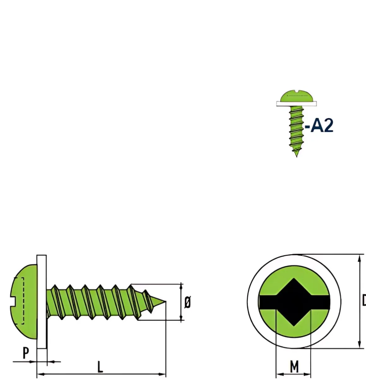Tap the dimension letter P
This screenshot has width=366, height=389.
26,353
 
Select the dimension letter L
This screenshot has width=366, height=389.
100,367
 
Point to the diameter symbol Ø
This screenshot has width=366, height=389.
187,302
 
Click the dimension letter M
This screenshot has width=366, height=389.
294,367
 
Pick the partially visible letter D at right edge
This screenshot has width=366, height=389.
363,301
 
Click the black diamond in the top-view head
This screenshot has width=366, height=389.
294,302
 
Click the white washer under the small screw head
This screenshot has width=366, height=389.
296,104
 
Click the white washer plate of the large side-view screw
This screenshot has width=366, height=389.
41,302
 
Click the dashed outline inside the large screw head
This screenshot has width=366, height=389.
23,300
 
